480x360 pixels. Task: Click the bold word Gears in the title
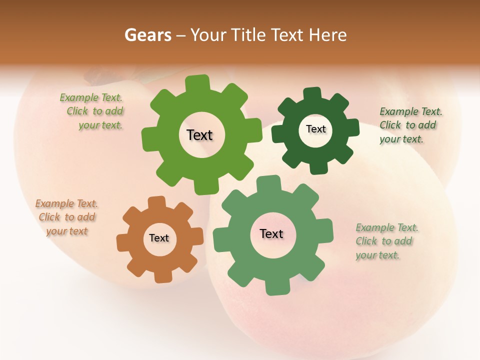pyautogui.click(x=148, y=35)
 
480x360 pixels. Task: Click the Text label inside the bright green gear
pyautogui.click(x=199, y=135)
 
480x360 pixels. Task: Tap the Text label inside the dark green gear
pyautogui.click(x=315, y=129)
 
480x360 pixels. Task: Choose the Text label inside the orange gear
pyautogui.click(x=159, y=238)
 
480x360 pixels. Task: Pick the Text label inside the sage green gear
pyautogui.click(x=271, y=233)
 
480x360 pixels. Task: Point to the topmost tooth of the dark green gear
pyautogui.click(x=312, y=93)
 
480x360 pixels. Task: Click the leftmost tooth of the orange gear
pyautogui.click(x=123, y=242)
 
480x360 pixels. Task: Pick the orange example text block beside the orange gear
pyautogui.click(x=66, y=217)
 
